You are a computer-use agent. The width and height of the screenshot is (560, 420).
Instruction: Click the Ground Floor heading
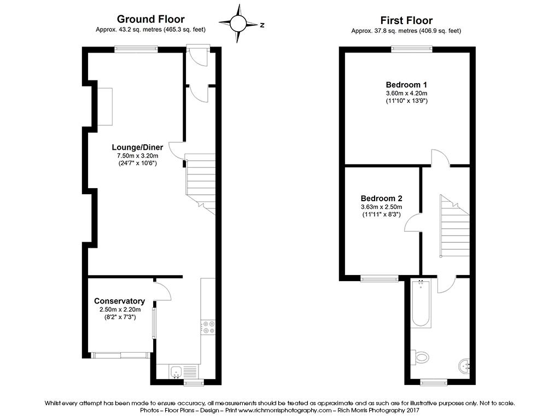coord(151,19)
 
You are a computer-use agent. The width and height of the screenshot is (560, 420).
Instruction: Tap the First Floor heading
coord(406,20)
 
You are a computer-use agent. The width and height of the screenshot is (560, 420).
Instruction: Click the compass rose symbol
coord(238,24)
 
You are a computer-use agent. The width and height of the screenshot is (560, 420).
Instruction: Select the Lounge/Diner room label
coord(137,147)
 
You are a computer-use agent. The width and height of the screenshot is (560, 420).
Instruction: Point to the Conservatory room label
coord(120,301)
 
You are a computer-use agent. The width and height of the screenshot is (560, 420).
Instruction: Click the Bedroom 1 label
coord(406,85)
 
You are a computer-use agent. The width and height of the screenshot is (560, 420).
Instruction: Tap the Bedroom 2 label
coord(381,198)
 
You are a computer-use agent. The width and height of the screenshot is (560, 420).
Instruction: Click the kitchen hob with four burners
coord(208,328)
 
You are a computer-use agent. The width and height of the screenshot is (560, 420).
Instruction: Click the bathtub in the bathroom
coord(421,303)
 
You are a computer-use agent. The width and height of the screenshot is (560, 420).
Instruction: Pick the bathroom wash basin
coord(464,366)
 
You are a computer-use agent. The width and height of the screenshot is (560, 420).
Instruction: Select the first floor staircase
coord(454,226)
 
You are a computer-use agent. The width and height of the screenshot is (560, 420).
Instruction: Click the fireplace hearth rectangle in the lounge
coord(105,107)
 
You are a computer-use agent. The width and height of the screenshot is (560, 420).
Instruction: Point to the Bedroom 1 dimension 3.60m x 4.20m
coord(406,93)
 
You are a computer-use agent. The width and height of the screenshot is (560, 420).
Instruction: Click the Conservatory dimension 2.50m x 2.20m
coord(120,310)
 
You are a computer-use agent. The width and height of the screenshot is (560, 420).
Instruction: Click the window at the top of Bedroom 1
coord(412,49)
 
